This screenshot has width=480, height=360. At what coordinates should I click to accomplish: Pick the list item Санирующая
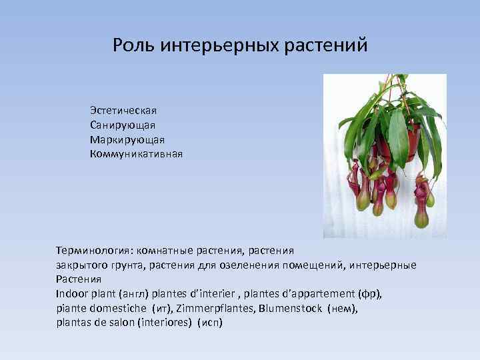pyautogui.click(x=123, y=124)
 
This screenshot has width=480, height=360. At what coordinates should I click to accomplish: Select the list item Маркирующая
pyautogui.click(x=127, y=139)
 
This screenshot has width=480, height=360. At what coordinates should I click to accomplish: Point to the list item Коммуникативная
pyautogui.click(x=136, y=154)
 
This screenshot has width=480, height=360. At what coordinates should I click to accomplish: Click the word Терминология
pyautogui.click(x=94, y=251)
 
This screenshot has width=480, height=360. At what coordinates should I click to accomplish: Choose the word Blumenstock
pyautogui.click(x=290, y=308)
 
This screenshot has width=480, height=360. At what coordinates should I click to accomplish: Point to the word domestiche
pyautogui.click(x=117, y=308)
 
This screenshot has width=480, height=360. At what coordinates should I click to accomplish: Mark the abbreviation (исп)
pyautogui.click(x=209, y=323)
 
